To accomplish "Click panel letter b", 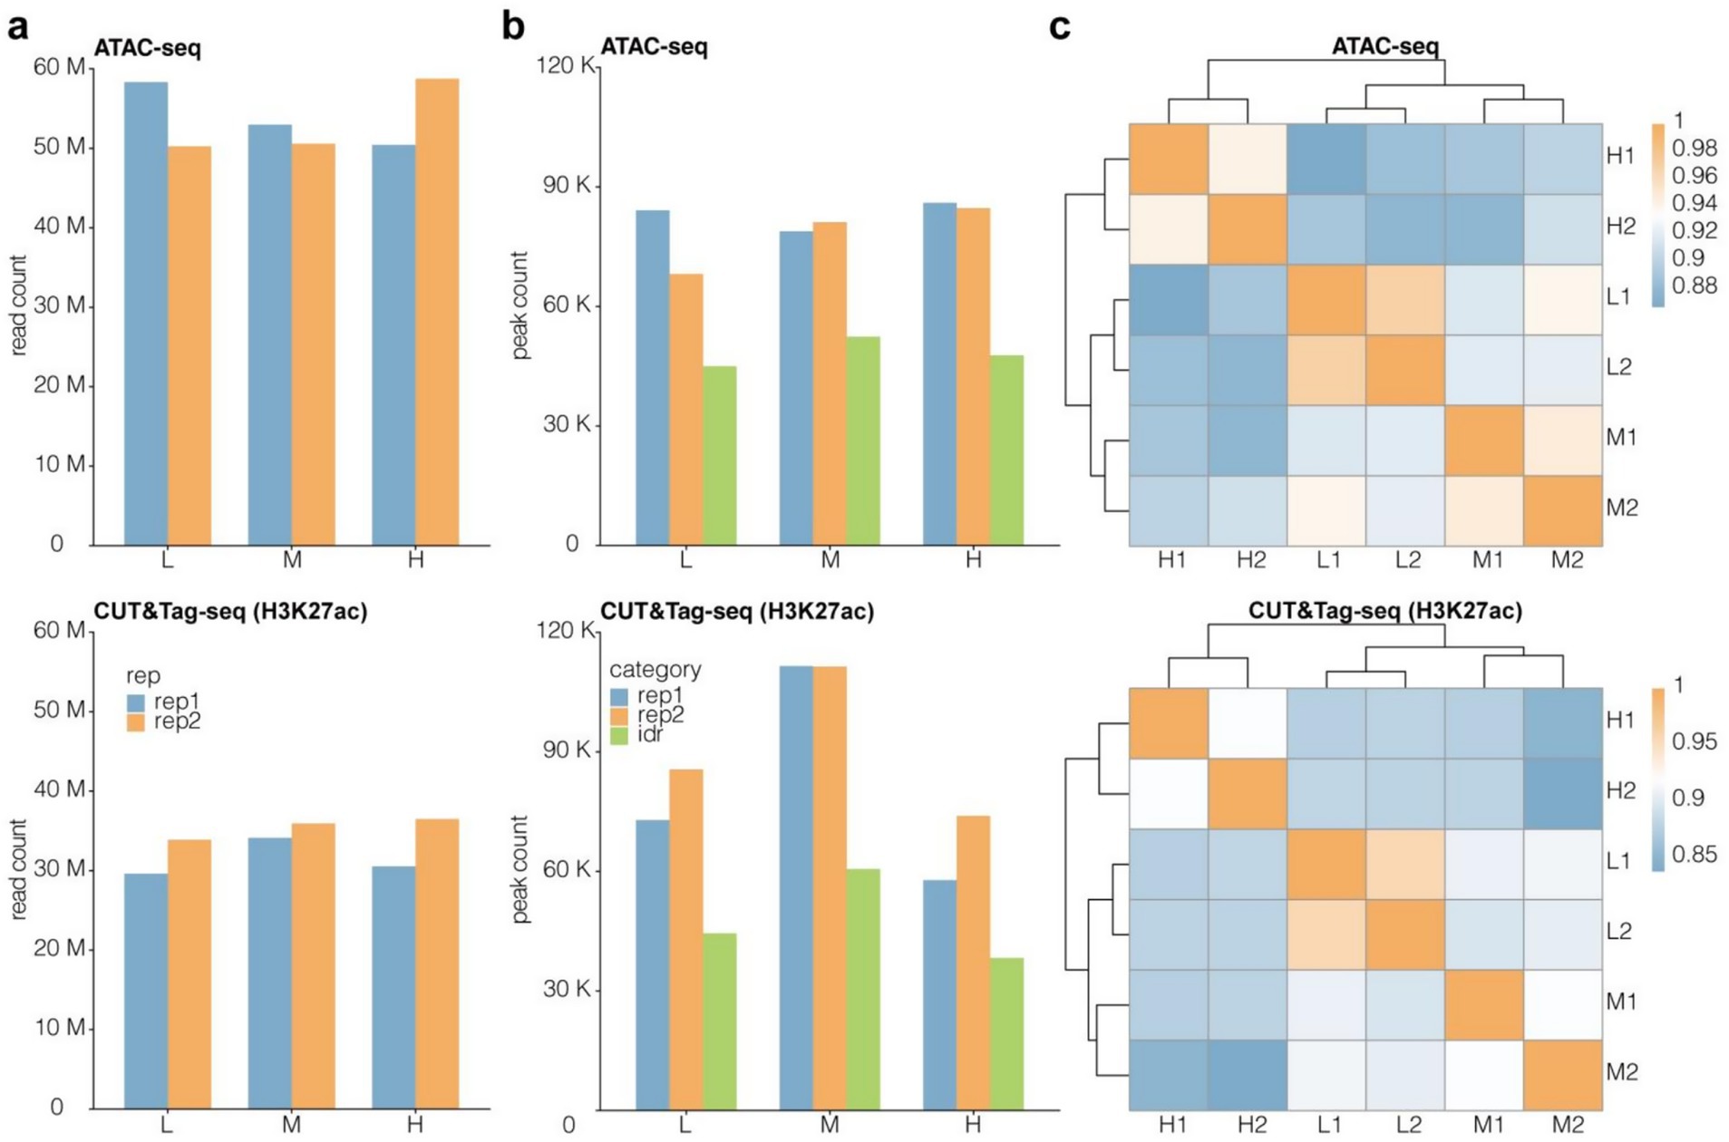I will click(513, 27).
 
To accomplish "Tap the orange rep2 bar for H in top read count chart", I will click(436, 312).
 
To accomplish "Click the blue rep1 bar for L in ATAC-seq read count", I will click(146, 314).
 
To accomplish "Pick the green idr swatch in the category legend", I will click(619, 735).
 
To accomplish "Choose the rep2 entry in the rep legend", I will click(177, 721).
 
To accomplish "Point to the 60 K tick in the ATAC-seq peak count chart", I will click(567, 305).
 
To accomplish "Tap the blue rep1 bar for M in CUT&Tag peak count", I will click(796, 887).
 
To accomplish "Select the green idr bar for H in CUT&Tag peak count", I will click(1006, 1033).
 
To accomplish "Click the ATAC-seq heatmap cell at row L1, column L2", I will click(1405, 300).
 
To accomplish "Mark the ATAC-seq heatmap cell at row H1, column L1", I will click(1326, 159).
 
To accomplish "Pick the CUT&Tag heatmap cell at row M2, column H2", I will click(1248, 1075).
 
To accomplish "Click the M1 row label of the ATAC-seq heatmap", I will click(1621, 438).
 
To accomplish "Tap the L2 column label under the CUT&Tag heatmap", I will click(1408, 1125).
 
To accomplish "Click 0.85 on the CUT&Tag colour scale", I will click(1694, 854).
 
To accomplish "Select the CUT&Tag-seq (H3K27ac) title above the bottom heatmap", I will click(1384, 611).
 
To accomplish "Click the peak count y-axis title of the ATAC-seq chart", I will click(520, 305).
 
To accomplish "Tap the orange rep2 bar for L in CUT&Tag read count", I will click(189, 973).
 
